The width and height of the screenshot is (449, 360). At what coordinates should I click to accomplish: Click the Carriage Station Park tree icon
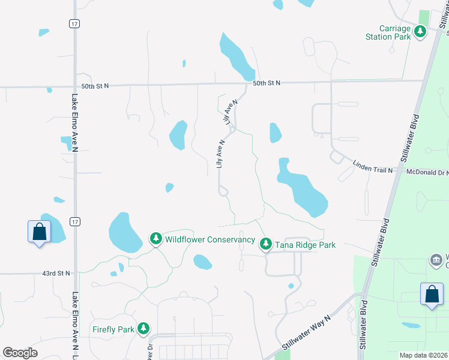pos(420,32)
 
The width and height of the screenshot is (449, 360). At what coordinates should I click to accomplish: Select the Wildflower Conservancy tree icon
pos(156,239)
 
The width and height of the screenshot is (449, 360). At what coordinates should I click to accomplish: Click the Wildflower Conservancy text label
pos(210,240)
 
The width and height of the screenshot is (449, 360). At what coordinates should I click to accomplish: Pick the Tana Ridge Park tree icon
pos(265,244)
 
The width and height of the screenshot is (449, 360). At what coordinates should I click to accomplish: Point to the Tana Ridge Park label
pos(305,245)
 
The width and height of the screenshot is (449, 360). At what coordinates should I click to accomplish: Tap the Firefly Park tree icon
pos(143,328)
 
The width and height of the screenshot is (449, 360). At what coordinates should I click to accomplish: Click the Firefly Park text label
pos(112,329)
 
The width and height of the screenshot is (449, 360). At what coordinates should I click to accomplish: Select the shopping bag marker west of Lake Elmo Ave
pos(39,232)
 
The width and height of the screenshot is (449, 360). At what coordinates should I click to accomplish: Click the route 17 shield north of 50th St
pos(74,23)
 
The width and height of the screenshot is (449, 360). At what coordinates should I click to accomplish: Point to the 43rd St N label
pos(56,273)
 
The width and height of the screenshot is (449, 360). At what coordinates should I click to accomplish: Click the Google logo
pos(20,353)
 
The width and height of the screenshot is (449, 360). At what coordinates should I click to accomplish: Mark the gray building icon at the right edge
pos(436,260)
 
